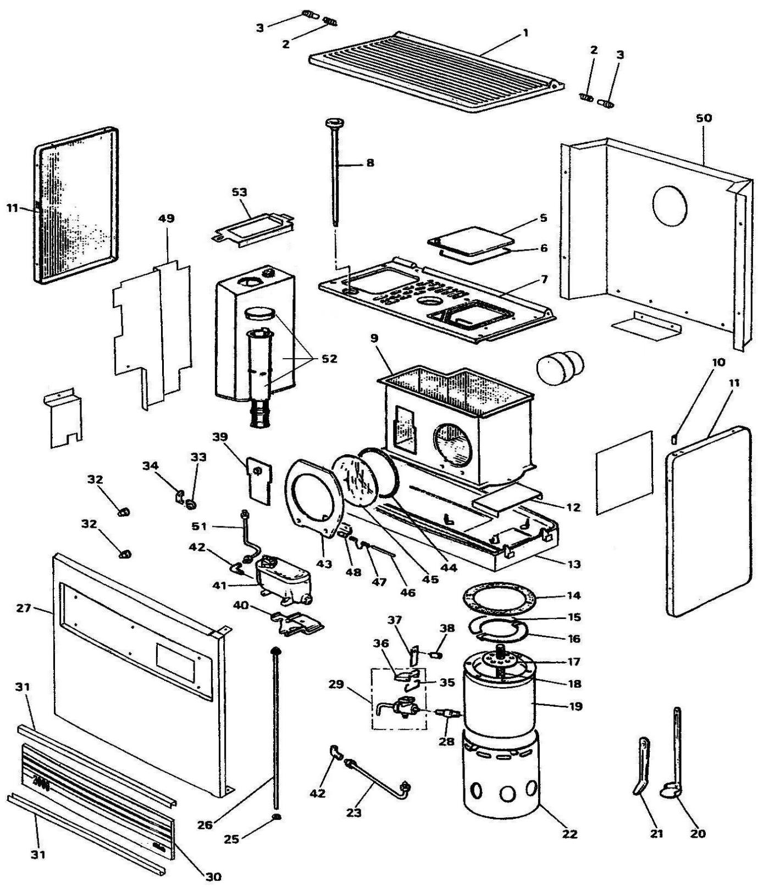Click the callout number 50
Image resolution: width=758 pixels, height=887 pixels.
(x=704, y=118)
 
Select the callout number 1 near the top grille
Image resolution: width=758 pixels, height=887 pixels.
(x=525, y=33)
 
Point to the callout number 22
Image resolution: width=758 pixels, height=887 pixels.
(x=570, y=834)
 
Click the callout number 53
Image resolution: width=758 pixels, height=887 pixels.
(x=240, y=192)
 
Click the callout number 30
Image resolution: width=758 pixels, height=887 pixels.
(x=214, y=877)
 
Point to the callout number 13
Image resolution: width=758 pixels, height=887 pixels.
(x=574, y=564)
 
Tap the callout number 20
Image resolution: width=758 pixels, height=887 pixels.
(x=698, y=834)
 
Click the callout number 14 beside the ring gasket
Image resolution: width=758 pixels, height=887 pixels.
(x=574, y=595)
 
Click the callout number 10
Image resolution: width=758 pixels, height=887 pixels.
(x=720, y=362)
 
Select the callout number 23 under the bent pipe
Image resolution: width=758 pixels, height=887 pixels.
(x=354, y=812)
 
